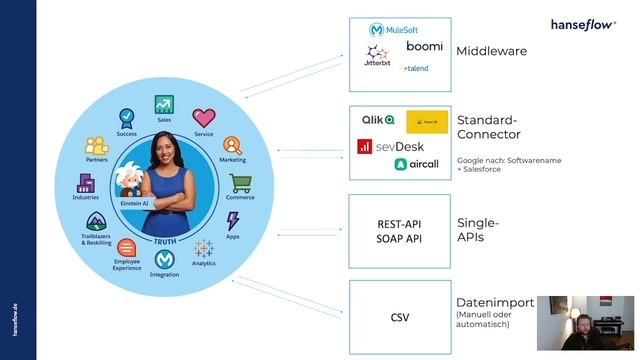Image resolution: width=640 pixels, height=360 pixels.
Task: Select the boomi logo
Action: (424, 46)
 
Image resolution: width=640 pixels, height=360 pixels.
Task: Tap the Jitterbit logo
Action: (376, 56)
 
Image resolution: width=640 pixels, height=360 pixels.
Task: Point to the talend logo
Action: (415, 68)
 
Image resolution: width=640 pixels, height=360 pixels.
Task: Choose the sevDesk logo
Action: (391, 146)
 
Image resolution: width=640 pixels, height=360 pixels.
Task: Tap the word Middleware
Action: (491, 50)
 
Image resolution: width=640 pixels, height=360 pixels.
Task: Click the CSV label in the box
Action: (399, 319)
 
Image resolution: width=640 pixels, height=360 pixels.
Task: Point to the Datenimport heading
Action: (495, 303)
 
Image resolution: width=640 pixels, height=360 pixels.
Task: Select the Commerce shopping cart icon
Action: (239, 183)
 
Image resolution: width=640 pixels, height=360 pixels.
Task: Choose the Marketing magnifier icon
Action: (232, 146)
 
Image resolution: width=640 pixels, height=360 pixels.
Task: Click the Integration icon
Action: (164, 261)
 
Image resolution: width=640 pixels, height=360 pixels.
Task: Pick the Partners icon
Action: (97, 146)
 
